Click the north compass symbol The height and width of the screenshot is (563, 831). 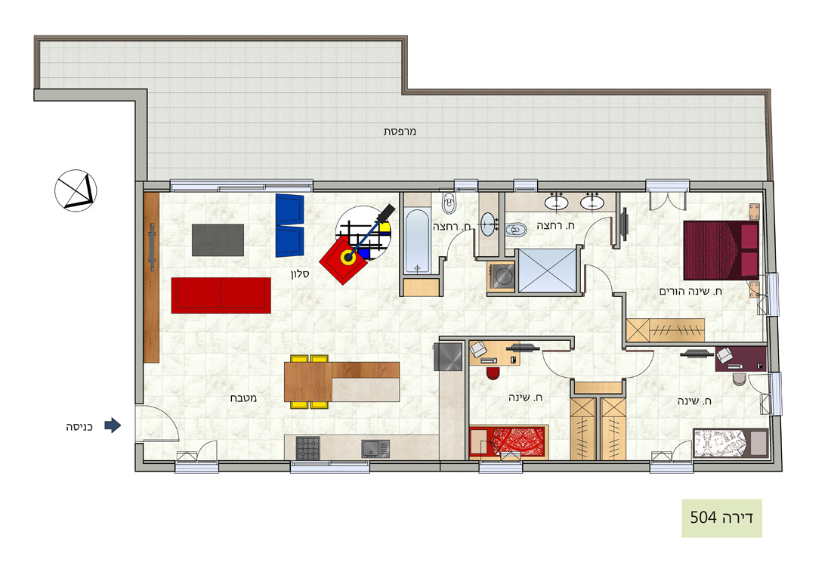coord(76,190)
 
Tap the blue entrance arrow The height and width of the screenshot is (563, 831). coord(113,425)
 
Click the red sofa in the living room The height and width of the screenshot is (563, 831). coord(221,295)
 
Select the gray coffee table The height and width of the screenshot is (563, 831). coord(218,240)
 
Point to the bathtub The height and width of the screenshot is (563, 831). coord(417,242)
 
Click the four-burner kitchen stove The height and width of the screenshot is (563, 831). coord(307,447)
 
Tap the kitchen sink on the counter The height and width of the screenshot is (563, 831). coord(375,448)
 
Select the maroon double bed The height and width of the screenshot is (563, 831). coord(721,250)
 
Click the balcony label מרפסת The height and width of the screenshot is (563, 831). coord(400,131)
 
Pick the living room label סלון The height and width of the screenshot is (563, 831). coord(300,274)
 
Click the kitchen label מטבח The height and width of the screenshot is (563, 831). coord(243,398)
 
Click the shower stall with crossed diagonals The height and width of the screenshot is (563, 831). coord(548,270)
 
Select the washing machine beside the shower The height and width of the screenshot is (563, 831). coord(502,276)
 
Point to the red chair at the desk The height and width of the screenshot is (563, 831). coord(493,373)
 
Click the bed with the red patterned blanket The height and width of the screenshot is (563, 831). coord(508,441)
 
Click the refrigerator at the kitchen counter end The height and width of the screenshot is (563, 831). coord(448,356)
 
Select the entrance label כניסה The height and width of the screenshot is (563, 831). coord(79,427)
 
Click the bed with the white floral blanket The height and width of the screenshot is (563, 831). coord(731,442)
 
